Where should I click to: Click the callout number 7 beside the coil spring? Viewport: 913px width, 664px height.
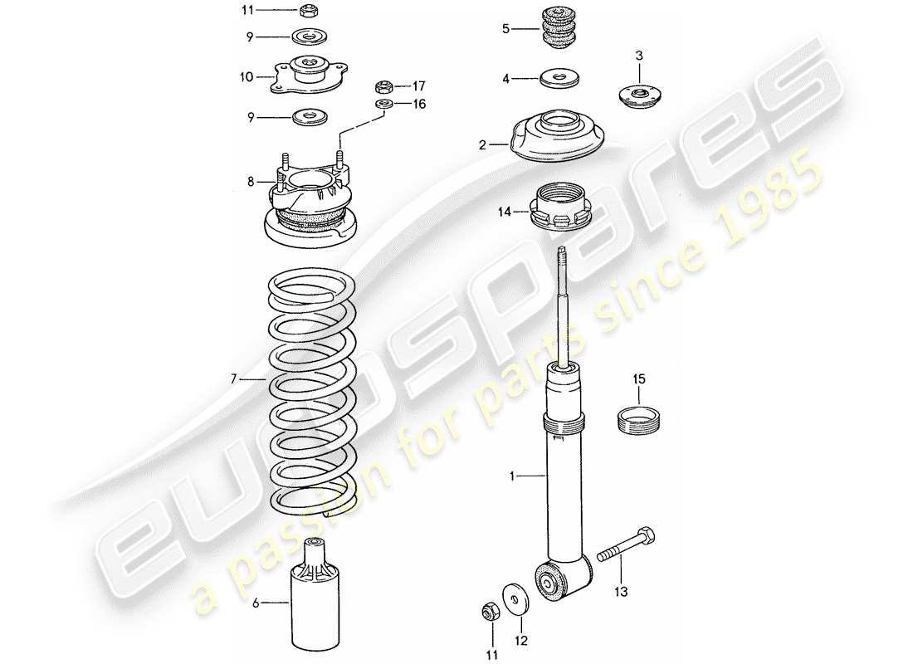(x=235, y=379)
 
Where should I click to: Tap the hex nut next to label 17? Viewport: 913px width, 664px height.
(x=384, y=85)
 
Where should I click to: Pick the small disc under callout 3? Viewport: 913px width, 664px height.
(x=638, y=97)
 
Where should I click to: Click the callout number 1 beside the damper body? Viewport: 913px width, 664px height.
(x=514, y=476)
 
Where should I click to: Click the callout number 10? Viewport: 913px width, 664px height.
(x=247, y=77)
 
